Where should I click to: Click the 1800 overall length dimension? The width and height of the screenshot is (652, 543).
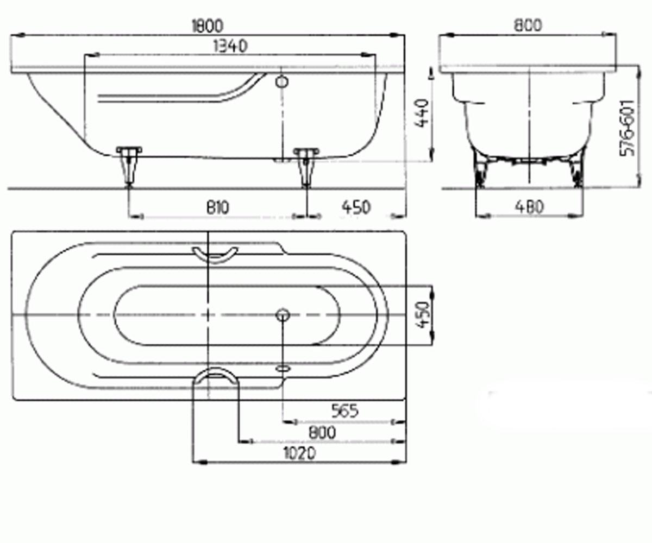coord(208,26)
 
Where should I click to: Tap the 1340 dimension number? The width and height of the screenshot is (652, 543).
coord(231,46)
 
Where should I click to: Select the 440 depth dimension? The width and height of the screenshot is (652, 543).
coord(423,113)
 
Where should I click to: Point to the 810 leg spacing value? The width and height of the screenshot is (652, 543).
coord(218,207)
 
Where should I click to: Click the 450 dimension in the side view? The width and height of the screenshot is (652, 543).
coord(356,207)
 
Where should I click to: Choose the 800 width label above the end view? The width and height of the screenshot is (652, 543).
coord(528,25)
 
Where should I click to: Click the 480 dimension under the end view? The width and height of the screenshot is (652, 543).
coord(529,207)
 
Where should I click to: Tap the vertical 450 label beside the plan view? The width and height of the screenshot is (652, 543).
coord(424,315)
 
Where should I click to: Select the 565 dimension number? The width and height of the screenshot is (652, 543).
coord(344,411)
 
